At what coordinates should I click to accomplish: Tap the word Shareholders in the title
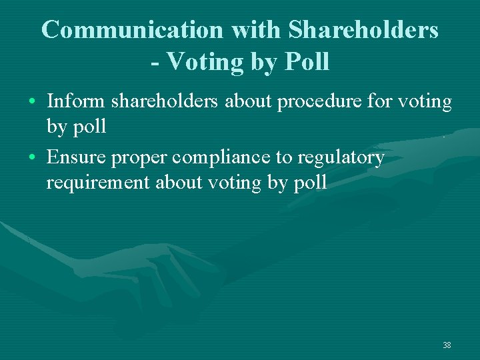(x=363, y=29)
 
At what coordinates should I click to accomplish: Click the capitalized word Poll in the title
(x=307, y=61)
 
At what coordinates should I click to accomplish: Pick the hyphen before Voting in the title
(x=155, y=63)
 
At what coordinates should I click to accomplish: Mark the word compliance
(x=224, y=158)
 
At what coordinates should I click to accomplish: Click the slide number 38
(x=447, y=345)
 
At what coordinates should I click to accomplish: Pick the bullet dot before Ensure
(x=33, y=159)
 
